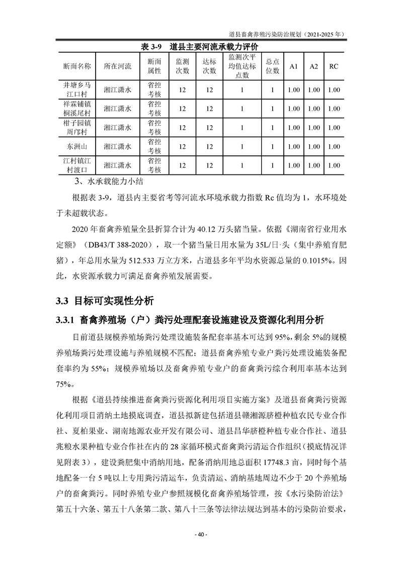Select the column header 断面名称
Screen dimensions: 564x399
point(77,66)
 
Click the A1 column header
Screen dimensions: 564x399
point(294,66)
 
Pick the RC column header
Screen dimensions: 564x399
point(334,66)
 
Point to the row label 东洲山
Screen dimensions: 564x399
point(77,146)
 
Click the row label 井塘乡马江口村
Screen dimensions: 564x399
point(77,90)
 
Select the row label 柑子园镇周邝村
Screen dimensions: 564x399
point(77,128)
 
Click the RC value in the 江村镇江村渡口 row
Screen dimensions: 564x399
point(334,165)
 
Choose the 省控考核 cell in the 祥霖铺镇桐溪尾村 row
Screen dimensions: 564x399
point(154,109)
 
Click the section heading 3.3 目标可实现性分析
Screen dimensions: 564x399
point(103,302)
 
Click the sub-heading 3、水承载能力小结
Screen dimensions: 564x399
point(105,181)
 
